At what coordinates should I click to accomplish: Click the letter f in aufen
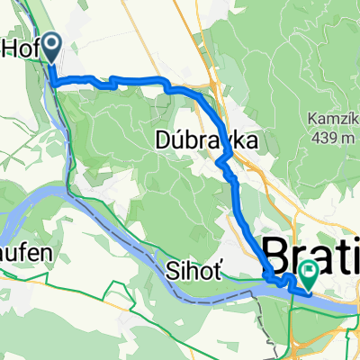(23, 255)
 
